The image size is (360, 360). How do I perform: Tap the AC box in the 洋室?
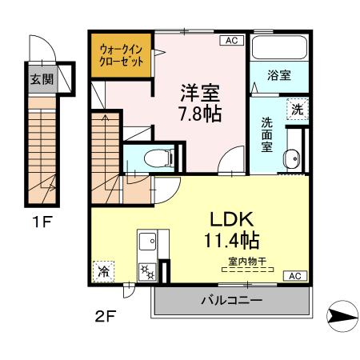coord(230,40)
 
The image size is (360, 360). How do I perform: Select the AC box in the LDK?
coord(294,275)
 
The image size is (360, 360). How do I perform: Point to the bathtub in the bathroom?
coord(278,48)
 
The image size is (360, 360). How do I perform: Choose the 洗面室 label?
coord(267,134)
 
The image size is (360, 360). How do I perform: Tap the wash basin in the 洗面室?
coord(294,160)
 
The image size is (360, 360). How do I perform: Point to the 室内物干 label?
coord(246,260)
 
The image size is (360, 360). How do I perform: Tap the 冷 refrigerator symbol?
coord(102,272)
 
